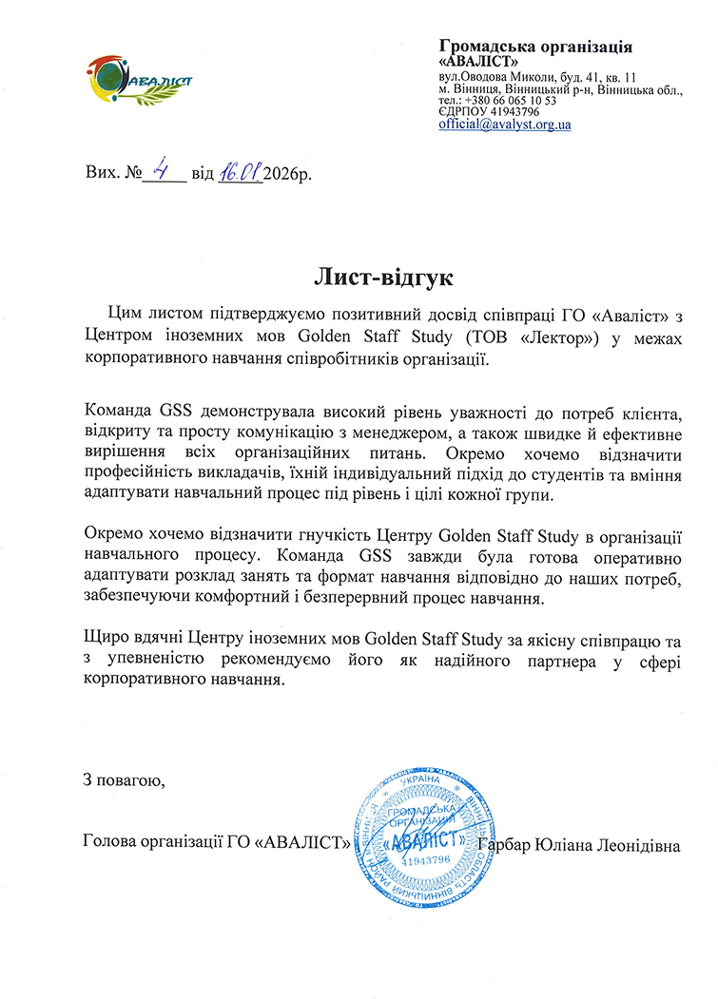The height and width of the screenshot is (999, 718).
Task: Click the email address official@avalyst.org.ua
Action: click(x=504, y=125)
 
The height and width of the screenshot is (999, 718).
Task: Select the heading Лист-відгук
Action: click(x=384, y=278)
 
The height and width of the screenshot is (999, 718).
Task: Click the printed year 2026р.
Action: click(x=287, y=175)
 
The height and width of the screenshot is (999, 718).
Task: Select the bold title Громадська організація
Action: click(x=535, y=48)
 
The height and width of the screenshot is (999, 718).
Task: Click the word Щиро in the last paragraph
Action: click(x=104, y=635)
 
